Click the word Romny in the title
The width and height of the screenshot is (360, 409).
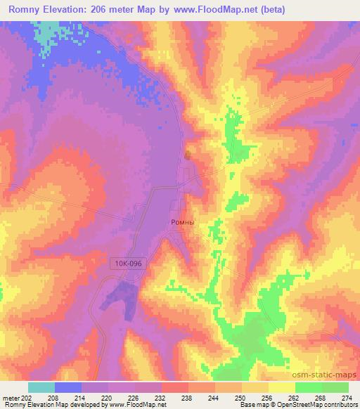(x=27, y=10)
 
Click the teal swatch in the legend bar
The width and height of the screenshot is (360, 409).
(x=41, y=387)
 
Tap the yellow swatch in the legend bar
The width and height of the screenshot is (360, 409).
(x=281, y=387)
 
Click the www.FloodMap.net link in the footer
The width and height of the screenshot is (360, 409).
(x=137, y=405)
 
